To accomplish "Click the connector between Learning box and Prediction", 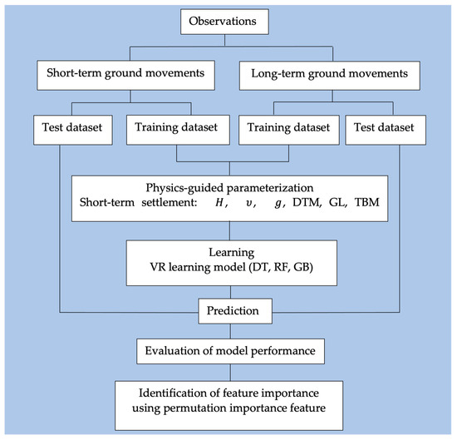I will [228, 294].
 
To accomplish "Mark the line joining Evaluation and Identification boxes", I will [228, 372].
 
